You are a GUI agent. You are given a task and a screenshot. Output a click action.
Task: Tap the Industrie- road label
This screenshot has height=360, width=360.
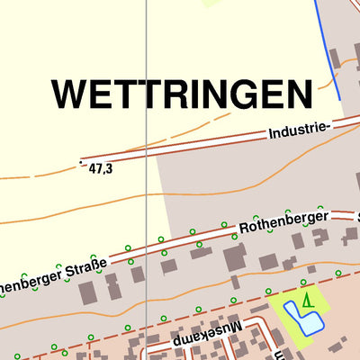(300, 131)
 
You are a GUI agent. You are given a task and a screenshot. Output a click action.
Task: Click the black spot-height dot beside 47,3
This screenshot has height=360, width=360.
(81, 162)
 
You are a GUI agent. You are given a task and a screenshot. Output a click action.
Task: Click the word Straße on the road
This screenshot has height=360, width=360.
(86, 267)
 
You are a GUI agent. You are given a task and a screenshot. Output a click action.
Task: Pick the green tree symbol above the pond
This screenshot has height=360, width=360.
(308, 301)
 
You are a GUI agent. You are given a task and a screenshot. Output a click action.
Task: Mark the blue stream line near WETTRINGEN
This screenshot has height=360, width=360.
(328, 49)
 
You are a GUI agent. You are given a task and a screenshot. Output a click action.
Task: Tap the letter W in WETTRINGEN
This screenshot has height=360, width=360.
(69, 94)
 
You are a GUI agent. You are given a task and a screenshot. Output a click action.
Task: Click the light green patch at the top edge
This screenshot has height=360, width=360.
(214, 3)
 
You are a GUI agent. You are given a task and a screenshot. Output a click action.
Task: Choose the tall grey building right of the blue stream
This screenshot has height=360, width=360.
(335, 58)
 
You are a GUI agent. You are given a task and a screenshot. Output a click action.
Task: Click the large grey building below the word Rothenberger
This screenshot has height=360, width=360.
(234, 258)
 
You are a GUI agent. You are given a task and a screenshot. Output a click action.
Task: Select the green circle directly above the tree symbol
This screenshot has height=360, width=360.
(303, 282)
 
